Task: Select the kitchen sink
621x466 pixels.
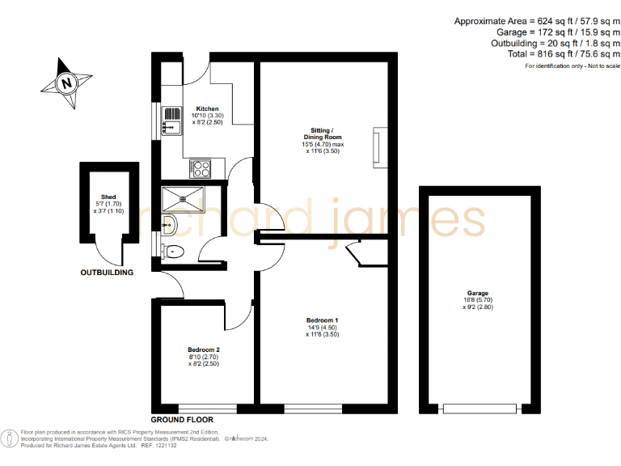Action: click(x=170, y=121)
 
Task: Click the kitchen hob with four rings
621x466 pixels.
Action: click(x=200, y=169)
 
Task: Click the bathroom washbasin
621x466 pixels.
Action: click(x=170, y=223)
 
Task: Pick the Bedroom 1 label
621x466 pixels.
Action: click(x=322, y=321)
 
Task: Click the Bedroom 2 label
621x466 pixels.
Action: click(x=204, y=349)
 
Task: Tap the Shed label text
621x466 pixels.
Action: click(x=108, y=197)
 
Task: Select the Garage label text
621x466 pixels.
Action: click(x=477, y=294)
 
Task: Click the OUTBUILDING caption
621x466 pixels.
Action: click(x=106, y=273)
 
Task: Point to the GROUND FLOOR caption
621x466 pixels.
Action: click(x=183, y=420)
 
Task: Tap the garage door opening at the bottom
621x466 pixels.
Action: click(x=477, y=408)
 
